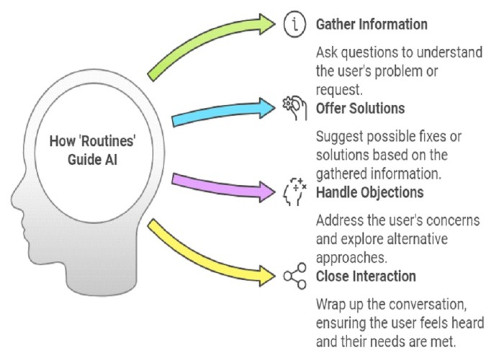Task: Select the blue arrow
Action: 222,111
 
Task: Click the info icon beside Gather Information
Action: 294,24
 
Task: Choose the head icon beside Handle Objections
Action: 294,192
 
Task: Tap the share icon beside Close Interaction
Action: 294,276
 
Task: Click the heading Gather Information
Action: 372,24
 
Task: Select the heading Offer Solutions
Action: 360,108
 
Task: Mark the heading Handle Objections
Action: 369,192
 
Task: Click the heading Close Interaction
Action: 366,276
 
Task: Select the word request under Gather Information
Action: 339,90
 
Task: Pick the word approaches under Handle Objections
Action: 351,258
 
